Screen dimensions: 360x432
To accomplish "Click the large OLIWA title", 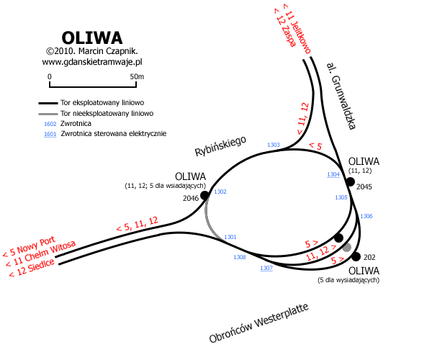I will click(91, 37).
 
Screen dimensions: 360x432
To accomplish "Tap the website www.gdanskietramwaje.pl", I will click(93, 63).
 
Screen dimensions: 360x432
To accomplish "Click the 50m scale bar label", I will click(137, 76).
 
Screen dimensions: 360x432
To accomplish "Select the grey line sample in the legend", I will click(48, 114).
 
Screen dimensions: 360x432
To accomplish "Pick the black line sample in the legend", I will click(48, 104).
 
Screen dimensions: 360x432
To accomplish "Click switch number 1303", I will click(273, 145).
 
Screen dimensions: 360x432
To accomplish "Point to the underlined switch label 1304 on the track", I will click(333, 175).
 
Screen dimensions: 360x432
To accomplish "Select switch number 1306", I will click(366, 216).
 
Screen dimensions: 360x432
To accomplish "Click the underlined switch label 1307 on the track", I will click(266, 268).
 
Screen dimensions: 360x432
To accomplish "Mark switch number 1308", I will click(240, 257).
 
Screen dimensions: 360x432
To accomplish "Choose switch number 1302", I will click(220, 192).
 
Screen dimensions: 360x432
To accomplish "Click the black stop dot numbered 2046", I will click(204, 195).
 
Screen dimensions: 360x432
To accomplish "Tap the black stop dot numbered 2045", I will click(351, 181).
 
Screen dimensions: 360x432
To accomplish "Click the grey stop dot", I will click(347, 248).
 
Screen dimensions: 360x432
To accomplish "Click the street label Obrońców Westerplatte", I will click(258, 323).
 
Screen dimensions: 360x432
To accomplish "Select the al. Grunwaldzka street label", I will click(341, 95).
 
